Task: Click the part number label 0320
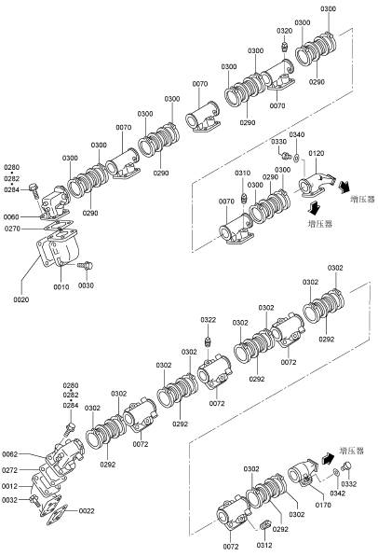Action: pyautogui.click(x=285, y=31)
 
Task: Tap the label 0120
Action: pyautogui.click(x=316, y=153)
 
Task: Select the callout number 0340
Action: pyautogui.click(x=297, y=134)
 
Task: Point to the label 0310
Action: pyautogui.click(x=242, y=173)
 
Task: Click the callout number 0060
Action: pyautogui.click(x=11, y=216)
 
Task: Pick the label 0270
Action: pyautogui.click(x=12, y=229)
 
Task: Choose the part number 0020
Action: pyautogui.click(x=21, y=299)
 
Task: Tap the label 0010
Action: pyautogui.click(x=61, y=286)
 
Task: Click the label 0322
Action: pyautogui.click(x=209, y=320)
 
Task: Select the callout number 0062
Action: pyautogui.click(x=10, y=454)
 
